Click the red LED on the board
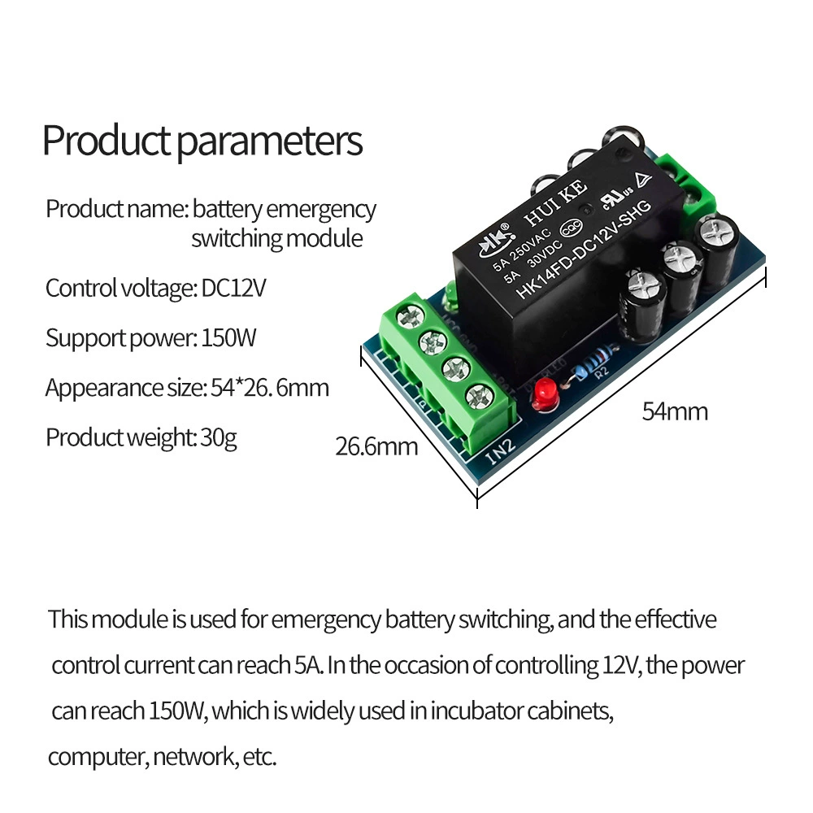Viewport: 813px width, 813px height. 544,394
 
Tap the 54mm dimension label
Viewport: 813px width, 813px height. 675,411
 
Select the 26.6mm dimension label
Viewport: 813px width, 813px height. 376,446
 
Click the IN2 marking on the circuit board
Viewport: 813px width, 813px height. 501,451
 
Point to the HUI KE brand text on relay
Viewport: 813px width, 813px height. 555,202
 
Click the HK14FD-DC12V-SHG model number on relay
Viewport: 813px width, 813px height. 583,249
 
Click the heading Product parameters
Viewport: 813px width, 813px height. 202,141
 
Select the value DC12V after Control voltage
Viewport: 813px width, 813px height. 233,288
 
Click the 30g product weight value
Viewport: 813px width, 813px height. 218,438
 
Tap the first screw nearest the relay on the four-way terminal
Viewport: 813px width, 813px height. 410,315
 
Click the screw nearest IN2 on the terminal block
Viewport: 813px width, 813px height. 480,397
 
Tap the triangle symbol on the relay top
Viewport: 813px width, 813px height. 644,180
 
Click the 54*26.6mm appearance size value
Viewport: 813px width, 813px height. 270,388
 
